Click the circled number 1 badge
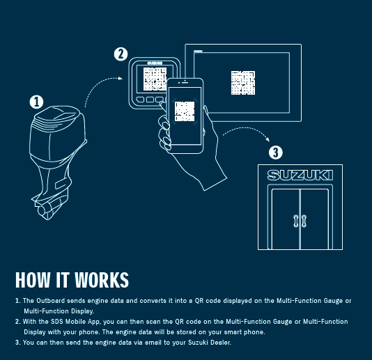coord(36,102)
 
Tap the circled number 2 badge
coord(121,54)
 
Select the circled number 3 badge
coord(275,152)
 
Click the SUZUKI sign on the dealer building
coord(300,175)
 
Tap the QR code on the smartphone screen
coord(185,111)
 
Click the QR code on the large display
coord(243,83)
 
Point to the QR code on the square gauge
coord(155,79)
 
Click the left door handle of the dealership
coord(295,221)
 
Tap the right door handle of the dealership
coord(304,221)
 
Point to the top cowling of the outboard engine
coord(58,118)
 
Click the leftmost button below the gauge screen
coord(141,100)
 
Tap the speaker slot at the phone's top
coord(185,83)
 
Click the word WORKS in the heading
coord(102,280)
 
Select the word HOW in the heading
coord(33,280)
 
